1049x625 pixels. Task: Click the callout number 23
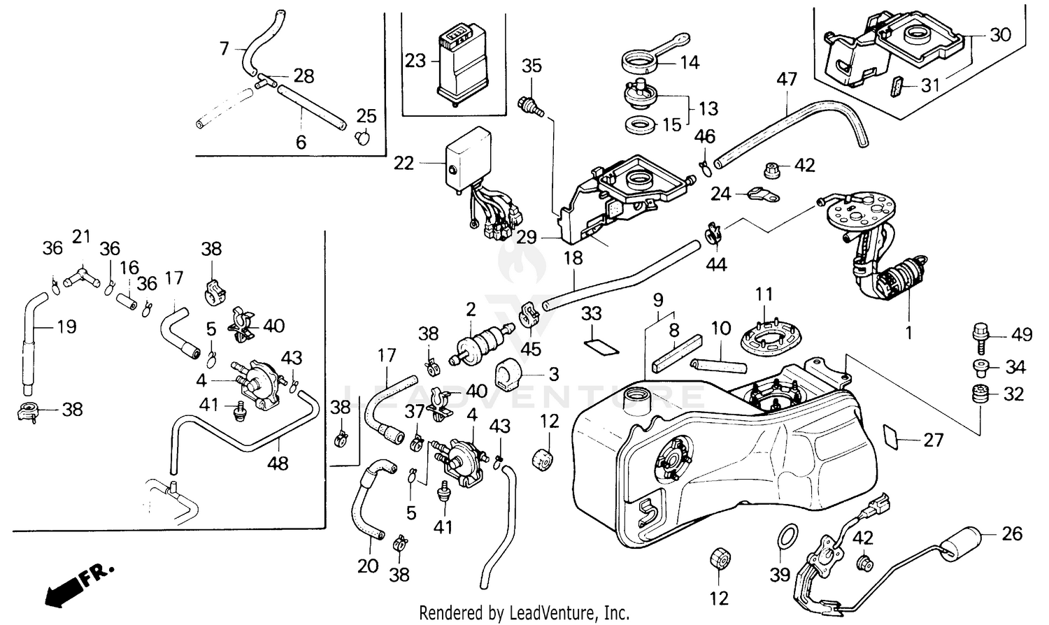point(415,61)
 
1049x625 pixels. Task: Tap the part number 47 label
point(787,79)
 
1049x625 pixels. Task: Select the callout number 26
point(1012,534)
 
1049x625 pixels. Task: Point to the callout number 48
point(278,463)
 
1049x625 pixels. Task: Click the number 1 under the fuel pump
point(908,333)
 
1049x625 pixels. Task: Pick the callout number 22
point(404,163)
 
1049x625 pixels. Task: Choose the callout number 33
point(592,314)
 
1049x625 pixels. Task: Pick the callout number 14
point(690,63)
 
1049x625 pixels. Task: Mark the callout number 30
point(1001,34)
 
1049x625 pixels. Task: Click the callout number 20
point(368,566)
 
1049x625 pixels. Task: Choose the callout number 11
point(764,294)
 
